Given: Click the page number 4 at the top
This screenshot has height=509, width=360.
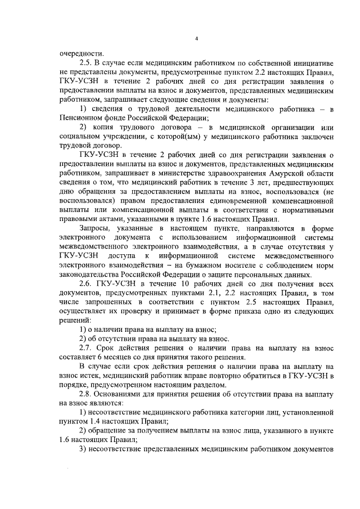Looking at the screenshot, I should [196, 38].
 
